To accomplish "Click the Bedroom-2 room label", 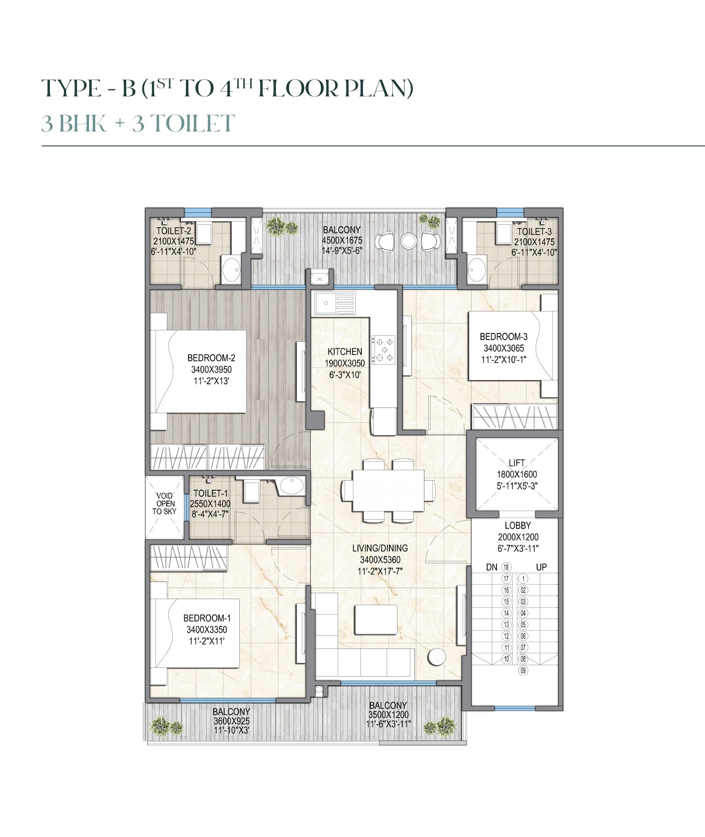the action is (x=211, y=358).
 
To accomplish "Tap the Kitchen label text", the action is (x=345, y=352).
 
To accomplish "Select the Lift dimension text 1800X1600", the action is (x=517, y=474).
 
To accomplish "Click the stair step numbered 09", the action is (x=523, y=671).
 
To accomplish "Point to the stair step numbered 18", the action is (x=506, y=567).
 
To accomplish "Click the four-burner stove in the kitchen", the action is (x=383, y=350).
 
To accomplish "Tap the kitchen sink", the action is (x=334, y=303).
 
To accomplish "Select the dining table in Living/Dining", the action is (x=388, y=490).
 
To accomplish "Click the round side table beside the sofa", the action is (x=437, y=657).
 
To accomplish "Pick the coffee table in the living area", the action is (x=376, y=619).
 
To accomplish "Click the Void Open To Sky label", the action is (x=164, y=504).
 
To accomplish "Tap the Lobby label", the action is (x=518, y=525).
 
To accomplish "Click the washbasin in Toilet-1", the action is (x=291, y=486).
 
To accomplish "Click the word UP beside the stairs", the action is (x=541, y=567).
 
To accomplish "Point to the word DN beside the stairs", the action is (x=492, y=567).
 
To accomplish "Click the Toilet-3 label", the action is (x=534, y=231).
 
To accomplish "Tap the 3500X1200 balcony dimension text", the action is (x=388, y=715).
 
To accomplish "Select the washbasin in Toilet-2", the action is (x=231, y=268).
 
